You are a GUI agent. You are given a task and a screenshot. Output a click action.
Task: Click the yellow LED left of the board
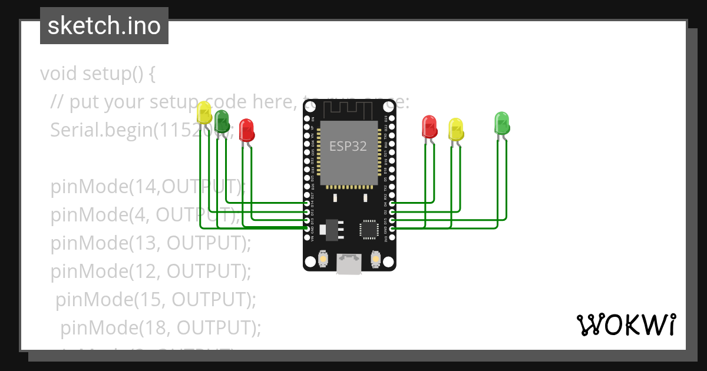[204, 112]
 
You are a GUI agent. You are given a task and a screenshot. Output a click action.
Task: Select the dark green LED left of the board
[222, 121]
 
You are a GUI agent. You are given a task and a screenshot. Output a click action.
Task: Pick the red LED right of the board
[430, 126]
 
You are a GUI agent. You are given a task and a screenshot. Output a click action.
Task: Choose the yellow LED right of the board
[455, 129]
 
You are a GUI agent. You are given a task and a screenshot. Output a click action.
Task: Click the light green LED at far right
[501, 122]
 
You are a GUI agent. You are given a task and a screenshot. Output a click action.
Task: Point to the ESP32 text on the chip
[348, 147]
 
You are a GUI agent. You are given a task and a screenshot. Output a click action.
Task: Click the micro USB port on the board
[349, 264]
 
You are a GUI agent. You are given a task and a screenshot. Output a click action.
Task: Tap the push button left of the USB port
[323, 259]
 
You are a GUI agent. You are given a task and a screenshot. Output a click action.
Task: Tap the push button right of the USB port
[376, 259]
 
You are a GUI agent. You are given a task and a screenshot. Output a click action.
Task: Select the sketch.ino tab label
[104, 26]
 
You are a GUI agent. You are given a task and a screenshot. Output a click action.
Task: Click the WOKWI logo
[626, 324]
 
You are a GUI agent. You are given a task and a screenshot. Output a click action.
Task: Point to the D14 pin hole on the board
[307, 203]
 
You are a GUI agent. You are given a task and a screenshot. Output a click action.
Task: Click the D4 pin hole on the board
[392, 203]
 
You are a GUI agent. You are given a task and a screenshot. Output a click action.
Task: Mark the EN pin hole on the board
[307, 118]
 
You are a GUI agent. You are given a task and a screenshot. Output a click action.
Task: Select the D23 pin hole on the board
[392, 118]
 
